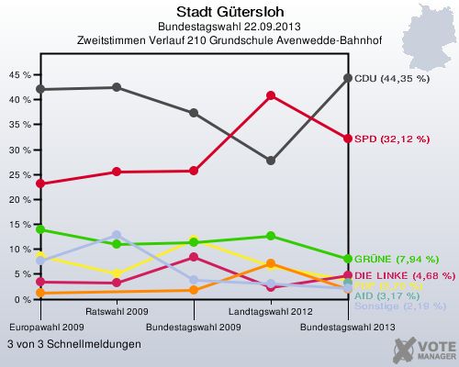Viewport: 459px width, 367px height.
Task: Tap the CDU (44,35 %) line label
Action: pos(392,79)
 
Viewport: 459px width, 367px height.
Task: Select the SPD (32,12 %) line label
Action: pos(392,139)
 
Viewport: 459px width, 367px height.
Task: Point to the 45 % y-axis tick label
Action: pos(17,74)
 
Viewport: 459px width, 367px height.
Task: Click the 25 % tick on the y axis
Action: pos(17,174)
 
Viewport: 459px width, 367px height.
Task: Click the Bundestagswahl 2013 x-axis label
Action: pos(348,326)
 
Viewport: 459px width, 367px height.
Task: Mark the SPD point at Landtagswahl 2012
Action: pos(271,95)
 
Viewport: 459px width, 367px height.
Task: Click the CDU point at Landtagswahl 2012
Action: pos(271,161)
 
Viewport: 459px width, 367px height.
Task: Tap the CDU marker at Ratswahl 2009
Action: pos(117,87)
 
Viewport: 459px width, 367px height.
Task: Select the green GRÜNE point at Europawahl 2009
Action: pos(39,229)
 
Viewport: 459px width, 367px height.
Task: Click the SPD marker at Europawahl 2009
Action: pos(39,183)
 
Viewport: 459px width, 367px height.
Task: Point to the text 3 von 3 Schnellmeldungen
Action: pos(74,344)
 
